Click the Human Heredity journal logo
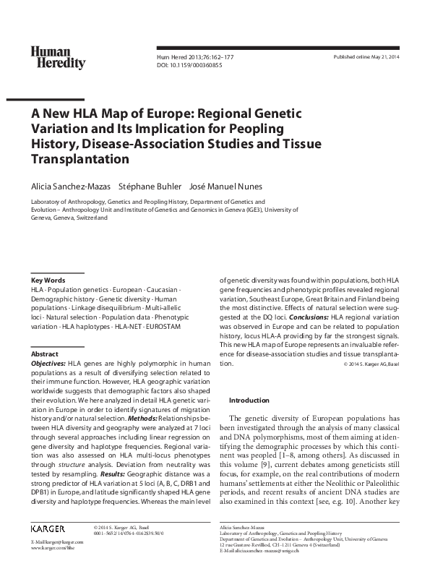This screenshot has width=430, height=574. (x=57, y=57)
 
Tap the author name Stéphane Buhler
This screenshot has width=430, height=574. (x=149, y=185)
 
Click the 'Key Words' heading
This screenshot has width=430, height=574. (x=48, y=280)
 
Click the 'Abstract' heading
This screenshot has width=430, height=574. (x=44, y=354)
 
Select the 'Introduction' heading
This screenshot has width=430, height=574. (x=249, y=400)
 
